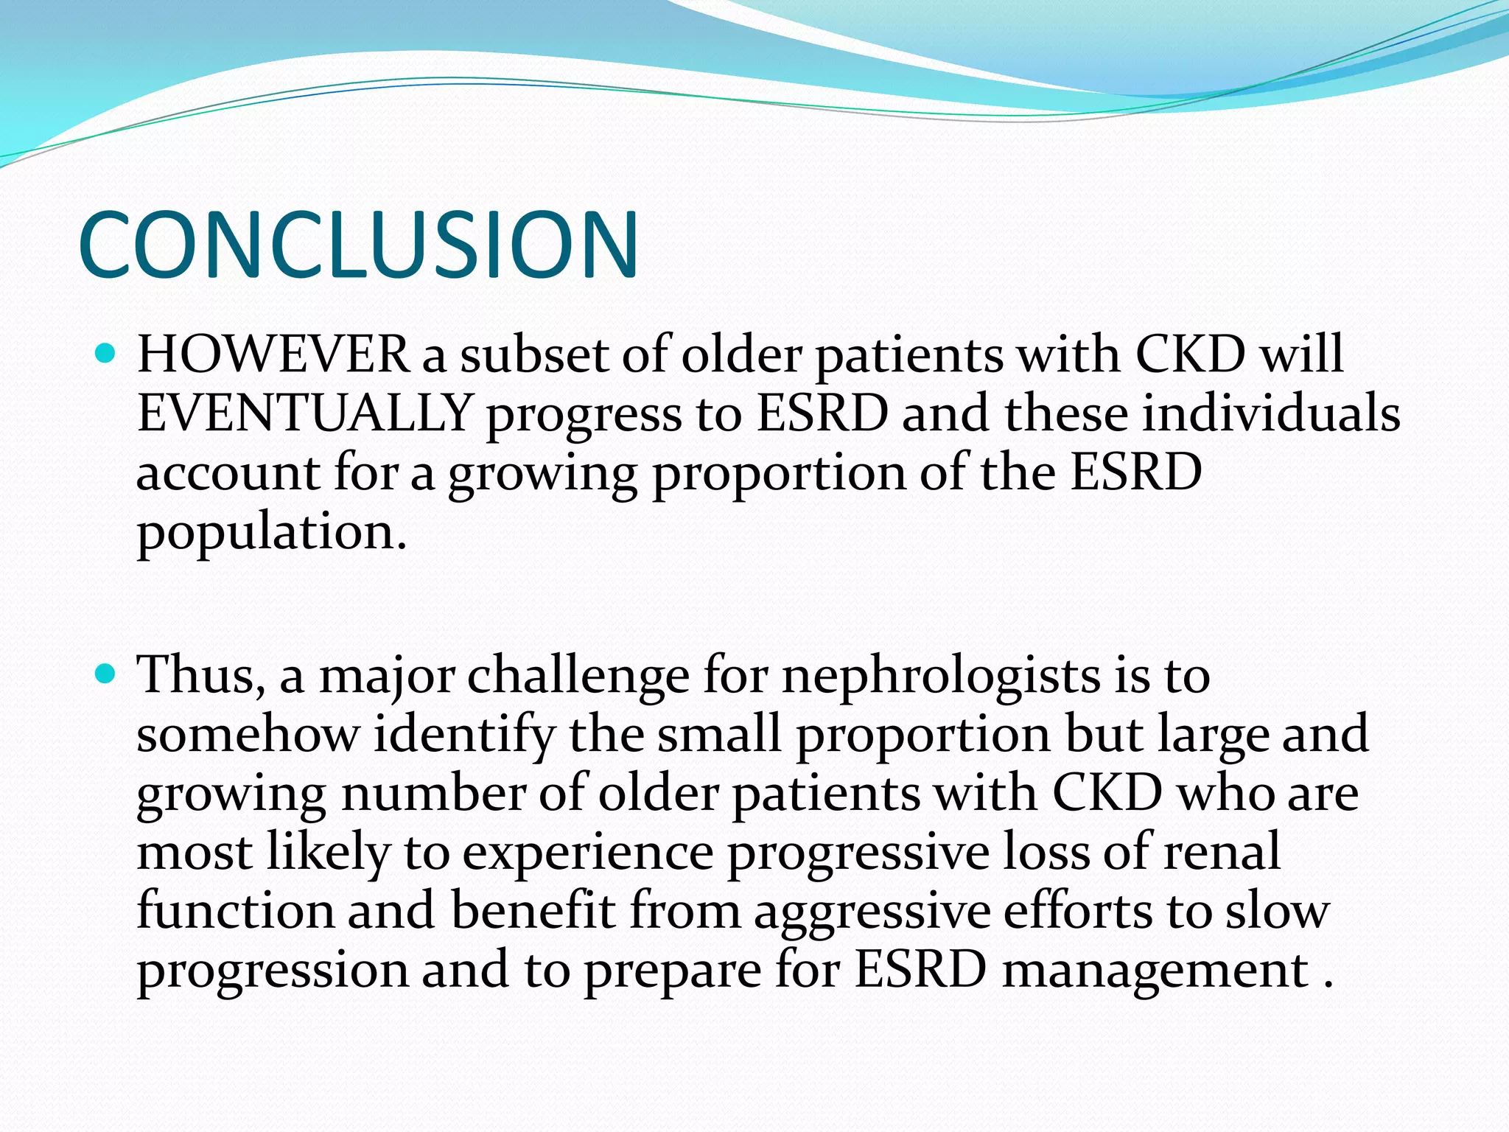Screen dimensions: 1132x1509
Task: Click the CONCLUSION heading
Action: point(358,245)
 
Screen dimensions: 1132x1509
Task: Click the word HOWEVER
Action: point(273,355)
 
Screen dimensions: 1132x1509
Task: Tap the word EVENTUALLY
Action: point(304,413)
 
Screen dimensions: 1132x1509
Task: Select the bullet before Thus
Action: point(106,674)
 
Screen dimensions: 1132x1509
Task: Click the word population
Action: point(271,532)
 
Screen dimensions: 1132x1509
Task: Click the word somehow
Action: point(248,734)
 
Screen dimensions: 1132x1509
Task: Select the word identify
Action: point(464,736)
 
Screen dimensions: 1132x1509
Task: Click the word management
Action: point(1155,971)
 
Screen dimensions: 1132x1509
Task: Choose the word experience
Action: point(588,853)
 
